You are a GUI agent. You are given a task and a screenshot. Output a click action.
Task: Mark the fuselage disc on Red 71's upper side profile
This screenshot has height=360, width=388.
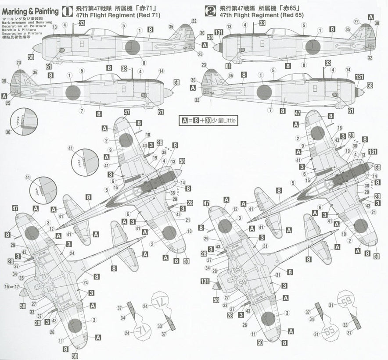pyautogui.click(x=131, y=47)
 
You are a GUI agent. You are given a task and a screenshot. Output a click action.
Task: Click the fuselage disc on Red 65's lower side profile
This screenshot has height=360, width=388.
pyautogui.click(x=264, y=93)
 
